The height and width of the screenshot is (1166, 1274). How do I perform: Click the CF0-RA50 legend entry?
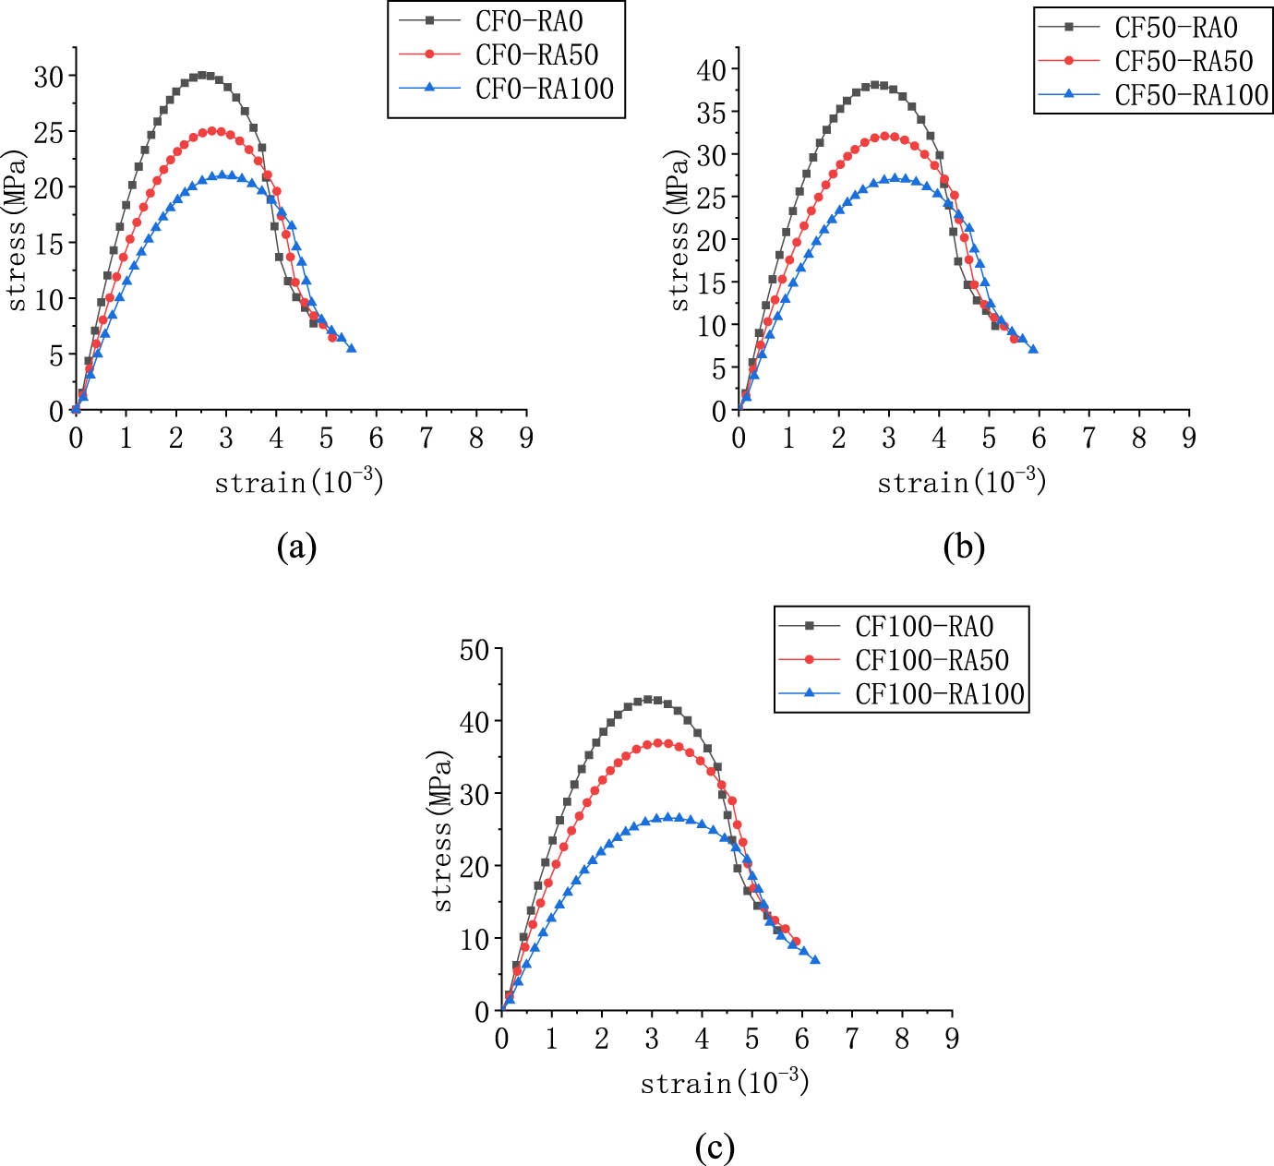tap(536, 55)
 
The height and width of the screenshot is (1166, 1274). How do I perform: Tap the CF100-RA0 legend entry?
tap(924, 627)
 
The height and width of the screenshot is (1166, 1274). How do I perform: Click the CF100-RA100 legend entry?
tap(940, 694)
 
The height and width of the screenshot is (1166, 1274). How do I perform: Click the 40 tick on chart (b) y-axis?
tap(712, 70)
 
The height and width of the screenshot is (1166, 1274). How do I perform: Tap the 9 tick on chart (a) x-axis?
tap(526, 439)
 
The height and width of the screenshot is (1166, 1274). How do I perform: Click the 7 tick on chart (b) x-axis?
tap(1088, 439)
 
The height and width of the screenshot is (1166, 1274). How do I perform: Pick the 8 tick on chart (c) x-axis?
tap(902, 1040)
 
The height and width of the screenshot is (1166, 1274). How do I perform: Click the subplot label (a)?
tap(296, 547)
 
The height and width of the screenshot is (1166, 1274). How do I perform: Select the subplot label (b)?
tap(964, 547)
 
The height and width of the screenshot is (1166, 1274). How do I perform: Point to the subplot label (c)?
tap(715, 1148)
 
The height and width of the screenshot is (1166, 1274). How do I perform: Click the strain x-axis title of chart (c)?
tap(724, 1082)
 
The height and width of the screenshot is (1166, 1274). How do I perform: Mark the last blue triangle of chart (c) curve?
tap(814, 960)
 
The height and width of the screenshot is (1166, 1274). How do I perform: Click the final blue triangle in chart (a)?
tap(351, 348)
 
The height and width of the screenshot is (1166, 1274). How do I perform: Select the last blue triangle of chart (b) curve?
tap(1033, 349)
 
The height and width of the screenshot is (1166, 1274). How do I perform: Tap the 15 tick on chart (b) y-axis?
tap(712, 283)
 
